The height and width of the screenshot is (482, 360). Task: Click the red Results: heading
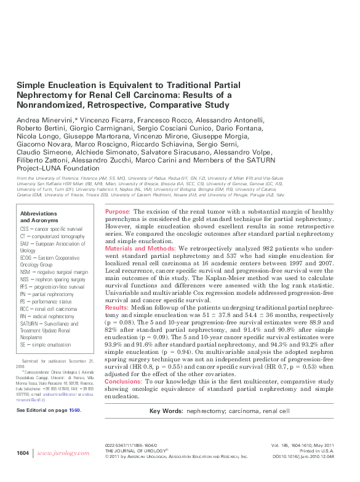click(117, 306)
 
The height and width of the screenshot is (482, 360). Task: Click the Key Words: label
click(166, 411)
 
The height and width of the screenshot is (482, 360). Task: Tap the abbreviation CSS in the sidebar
click(26, 228)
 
